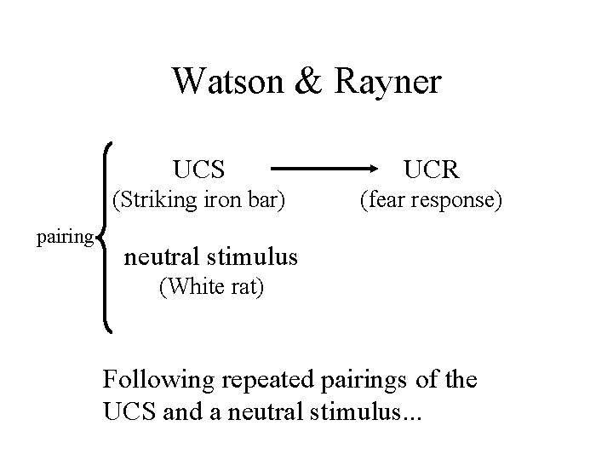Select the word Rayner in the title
point(389,83)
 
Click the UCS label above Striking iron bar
point(198,169)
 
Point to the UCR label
point(432,169)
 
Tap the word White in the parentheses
point(194,288)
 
